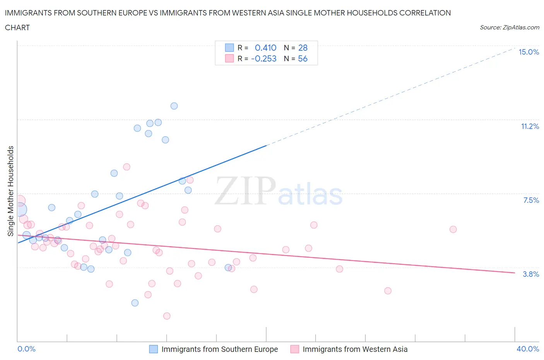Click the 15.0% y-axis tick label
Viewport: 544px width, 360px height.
529,52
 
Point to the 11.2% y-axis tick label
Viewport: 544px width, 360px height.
530,127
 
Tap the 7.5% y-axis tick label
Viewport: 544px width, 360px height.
531,201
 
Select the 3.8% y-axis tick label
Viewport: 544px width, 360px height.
531,274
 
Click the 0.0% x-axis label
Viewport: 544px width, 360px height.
26,349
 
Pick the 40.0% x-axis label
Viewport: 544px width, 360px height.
528,349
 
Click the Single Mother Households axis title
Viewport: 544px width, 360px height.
11,191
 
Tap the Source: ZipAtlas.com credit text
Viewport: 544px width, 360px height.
509,27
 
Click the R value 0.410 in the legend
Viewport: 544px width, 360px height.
265,48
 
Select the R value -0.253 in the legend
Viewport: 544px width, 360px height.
263,59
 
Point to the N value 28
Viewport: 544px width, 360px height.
303,48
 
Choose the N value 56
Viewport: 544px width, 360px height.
303,59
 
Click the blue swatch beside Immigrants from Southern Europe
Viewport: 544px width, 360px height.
154,349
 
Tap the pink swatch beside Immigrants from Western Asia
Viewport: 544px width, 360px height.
295,349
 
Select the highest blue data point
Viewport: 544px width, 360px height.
174,106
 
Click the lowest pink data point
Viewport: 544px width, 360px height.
167,316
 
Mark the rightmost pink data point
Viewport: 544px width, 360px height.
453,229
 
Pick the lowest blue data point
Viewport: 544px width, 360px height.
135,303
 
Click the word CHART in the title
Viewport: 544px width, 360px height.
17,27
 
